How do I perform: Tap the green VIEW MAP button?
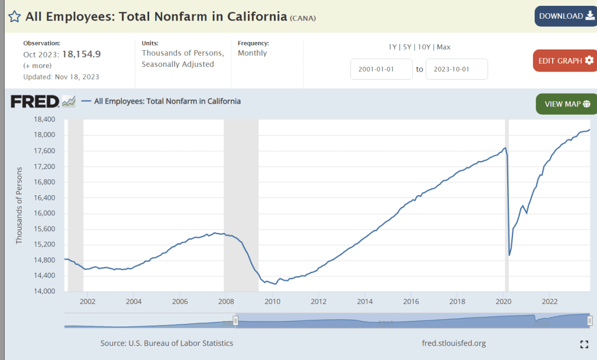[x=567, y=104]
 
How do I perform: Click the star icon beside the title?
[x=15, y=16]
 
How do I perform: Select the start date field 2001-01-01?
[x=381, y=69]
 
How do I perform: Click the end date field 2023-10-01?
[x=456, y=69]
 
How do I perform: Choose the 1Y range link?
[x=393, y=47]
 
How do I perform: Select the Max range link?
[x=443, y=47]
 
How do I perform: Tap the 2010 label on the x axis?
[x=272, y=301]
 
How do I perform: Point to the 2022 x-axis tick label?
[x=549, y=301]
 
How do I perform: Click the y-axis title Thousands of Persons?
[x=19, y=205]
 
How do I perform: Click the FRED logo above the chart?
[x=35, y=101]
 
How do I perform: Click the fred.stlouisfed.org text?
[x=454, y=343]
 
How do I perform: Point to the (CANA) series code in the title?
[x=303, y=18]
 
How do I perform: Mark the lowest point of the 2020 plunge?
[x=509, y=255]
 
